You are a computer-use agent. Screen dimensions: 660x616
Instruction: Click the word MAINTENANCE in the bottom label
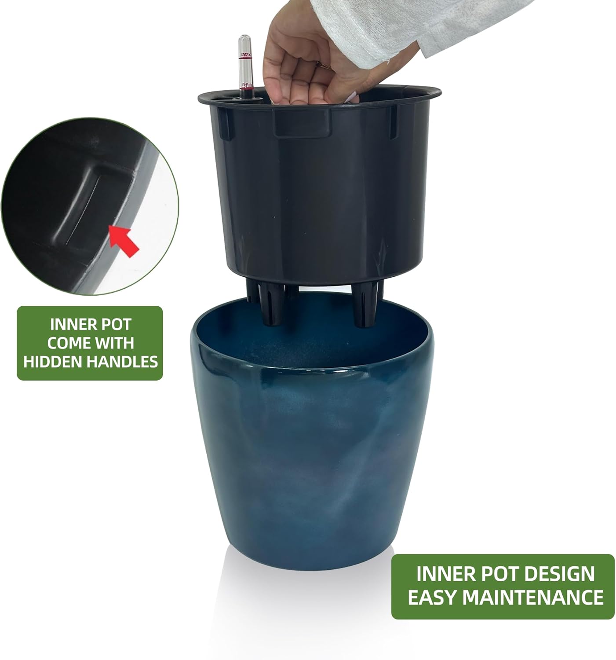tap(533, 597)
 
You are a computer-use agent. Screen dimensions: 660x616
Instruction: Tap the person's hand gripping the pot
tap(303, 66)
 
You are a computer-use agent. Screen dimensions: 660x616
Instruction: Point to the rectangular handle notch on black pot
tap(302, 123)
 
